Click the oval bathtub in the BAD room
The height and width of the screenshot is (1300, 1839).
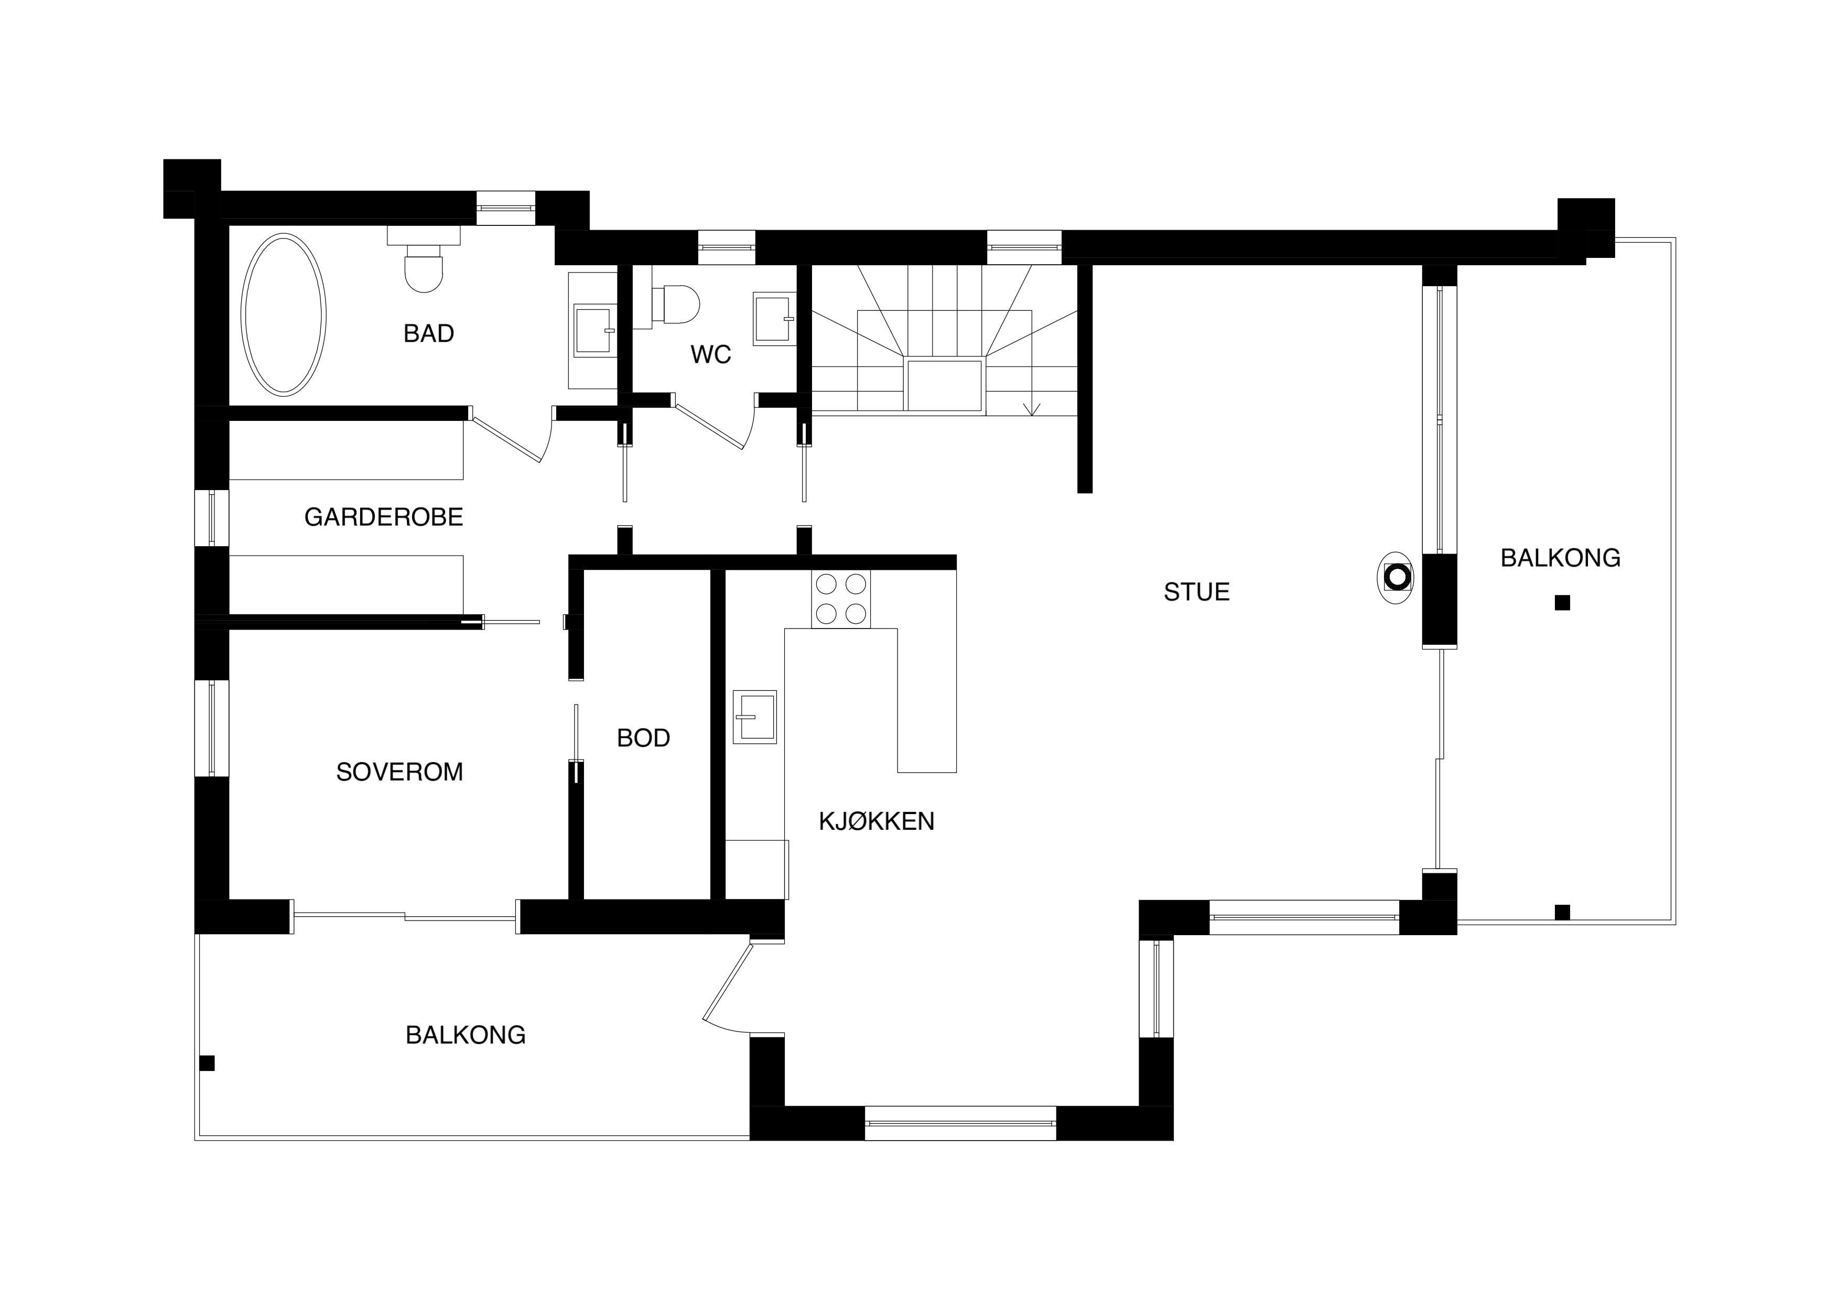284,315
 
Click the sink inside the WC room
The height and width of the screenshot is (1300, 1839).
774,319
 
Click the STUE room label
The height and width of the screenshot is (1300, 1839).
1197,592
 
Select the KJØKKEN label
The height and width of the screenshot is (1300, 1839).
876,821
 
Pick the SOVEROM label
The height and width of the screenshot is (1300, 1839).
399,772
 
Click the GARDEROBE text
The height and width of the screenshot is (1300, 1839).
384,517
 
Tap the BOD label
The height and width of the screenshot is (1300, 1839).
643,738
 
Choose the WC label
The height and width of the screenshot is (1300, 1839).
710,355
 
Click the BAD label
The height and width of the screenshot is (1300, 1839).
428,333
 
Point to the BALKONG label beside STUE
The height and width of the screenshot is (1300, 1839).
1560,558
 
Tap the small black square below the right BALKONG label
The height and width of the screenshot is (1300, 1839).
1562,603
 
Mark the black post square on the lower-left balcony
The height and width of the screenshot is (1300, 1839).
207,1063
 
